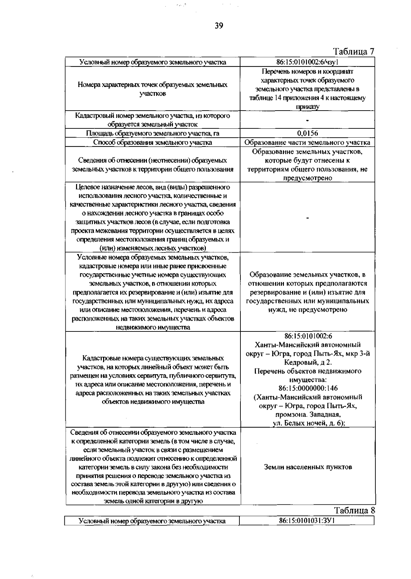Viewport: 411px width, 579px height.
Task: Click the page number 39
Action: (219, 26)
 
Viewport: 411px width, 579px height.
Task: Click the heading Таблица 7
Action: (354, 52)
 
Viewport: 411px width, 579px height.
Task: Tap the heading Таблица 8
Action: (354, 510)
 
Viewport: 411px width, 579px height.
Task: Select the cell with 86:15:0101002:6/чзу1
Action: (307, 62)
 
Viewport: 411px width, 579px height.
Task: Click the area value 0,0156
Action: (307, 134)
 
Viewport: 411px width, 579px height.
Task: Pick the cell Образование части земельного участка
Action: (307, 142)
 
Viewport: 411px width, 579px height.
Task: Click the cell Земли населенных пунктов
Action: (308, 467)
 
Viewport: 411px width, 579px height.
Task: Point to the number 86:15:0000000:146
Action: (308, 388)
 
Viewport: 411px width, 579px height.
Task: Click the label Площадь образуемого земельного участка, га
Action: (152, 134)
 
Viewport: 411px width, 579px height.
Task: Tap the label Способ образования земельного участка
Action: (152, 142)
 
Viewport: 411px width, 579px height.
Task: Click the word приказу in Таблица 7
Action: (307, 107)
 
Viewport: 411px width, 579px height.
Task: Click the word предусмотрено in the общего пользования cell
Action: (307, 178)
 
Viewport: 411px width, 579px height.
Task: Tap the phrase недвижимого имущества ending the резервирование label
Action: (152, 327)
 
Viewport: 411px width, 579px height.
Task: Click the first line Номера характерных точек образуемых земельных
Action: (152, 85)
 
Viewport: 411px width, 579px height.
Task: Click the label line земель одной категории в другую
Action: (153, 501)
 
